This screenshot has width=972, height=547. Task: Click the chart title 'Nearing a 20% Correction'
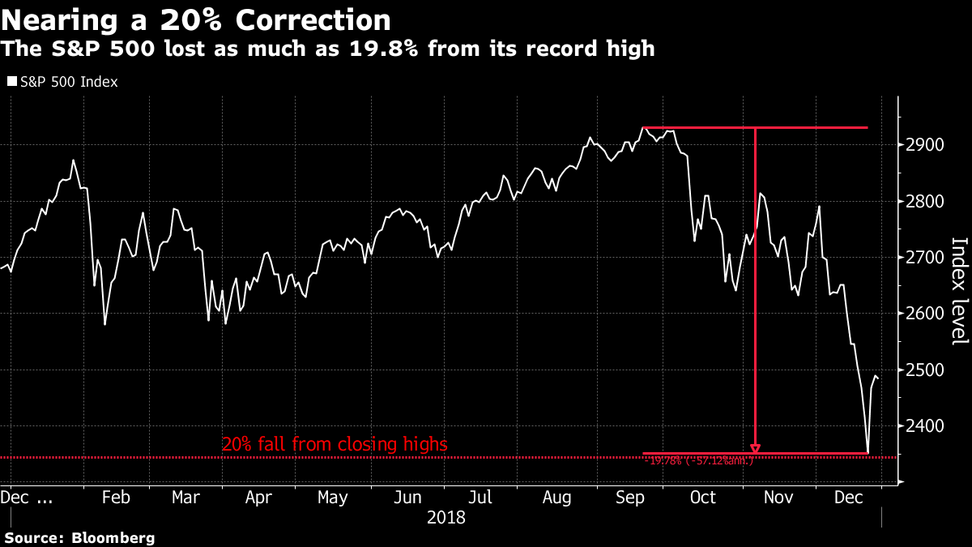[x=196, y=19]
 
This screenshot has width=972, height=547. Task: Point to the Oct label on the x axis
[x=703, y=497]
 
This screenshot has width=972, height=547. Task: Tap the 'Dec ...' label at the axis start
[x=27, y=497]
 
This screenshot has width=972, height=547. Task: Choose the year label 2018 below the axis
[x=446, y=517]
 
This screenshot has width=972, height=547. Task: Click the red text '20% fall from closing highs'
[x=335, y=444]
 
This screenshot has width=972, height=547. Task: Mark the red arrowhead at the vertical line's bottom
[x=756, y=448]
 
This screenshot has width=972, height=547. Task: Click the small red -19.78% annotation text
[x=698, y=461]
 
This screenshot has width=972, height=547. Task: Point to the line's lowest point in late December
[x=868, y=453]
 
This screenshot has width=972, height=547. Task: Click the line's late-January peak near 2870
[x=73, y=160]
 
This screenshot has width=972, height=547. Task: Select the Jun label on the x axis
[x=408, y=497]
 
